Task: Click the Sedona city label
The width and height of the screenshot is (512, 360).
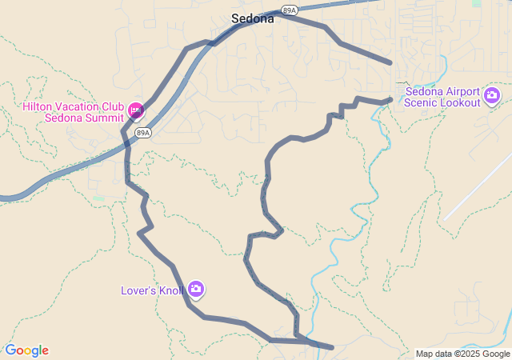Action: tap(252, 18)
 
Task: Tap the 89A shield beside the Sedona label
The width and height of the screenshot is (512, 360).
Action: tap(289, 10)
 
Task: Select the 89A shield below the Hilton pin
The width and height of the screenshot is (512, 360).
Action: tap(142, 133)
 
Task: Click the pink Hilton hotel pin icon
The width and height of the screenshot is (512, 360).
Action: tap(135, 109)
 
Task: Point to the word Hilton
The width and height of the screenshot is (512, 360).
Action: tap(37, 106)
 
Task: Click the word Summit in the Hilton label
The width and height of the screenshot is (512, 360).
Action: tap(102, 118)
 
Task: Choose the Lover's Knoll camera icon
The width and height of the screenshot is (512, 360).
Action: tap(196, 290)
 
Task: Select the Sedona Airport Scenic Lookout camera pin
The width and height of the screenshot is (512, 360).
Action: tap(492, 97)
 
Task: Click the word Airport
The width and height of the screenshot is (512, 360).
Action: tap(455, 91)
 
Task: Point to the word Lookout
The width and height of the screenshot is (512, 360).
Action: tap(462, 102)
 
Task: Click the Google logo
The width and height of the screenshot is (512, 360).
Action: tap(26, 350)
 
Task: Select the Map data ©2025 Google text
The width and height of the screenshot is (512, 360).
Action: tap(462, 354)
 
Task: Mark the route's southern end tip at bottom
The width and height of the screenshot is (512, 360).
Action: tap(331, 347)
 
